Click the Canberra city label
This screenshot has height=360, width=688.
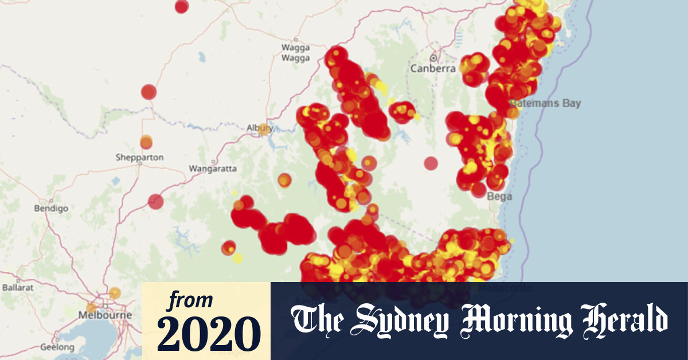pos(432,69)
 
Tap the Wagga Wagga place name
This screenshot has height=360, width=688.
pos(295,53)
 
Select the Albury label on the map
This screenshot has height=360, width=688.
pos(259,128)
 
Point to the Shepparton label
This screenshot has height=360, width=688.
pos(139,157)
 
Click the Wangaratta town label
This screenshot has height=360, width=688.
pos(212,169)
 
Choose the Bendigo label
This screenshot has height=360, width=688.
pos(51,208)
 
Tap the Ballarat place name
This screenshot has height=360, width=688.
pos(19,286)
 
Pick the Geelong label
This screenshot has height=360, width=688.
pos(57,347)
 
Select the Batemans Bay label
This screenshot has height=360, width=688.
pos(545,103)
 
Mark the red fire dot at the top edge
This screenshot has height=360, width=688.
pos(181,6)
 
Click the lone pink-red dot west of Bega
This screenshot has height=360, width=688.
pos(431,163)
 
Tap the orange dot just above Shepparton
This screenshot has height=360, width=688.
pos(146,141)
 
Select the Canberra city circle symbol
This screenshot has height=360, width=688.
pos(434,58)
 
